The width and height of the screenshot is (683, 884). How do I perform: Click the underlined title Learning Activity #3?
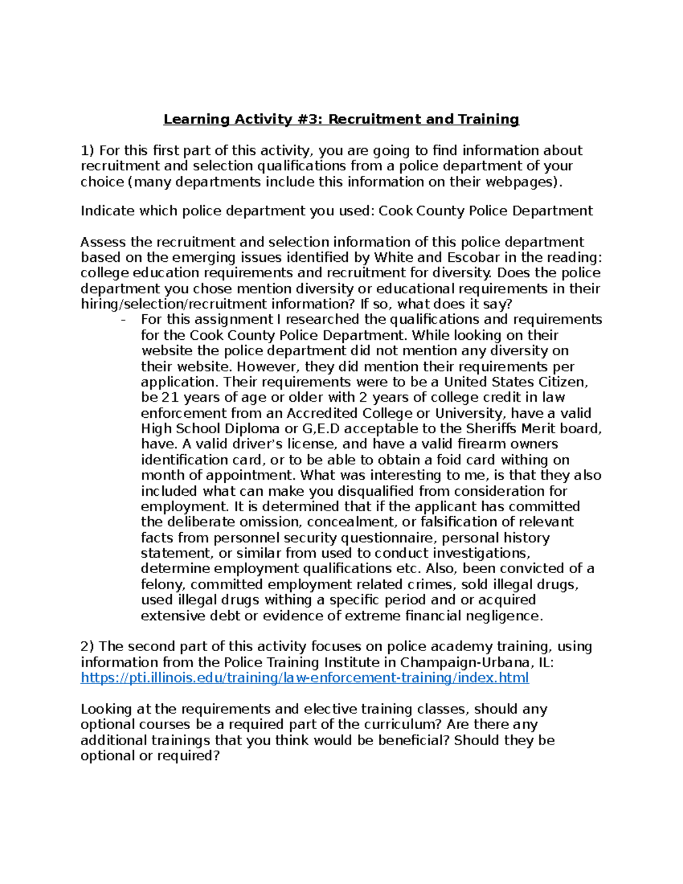[341, 120]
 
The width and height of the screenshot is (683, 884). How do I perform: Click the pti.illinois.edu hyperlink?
[305, 678]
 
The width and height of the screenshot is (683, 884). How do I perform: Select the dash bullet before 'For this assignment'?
[124, 320]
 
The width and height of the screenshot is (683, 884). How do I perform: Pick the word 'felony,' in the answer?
[163, 585]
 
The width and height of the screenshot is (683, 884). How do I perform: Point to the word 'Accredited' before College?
[320, 413]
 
